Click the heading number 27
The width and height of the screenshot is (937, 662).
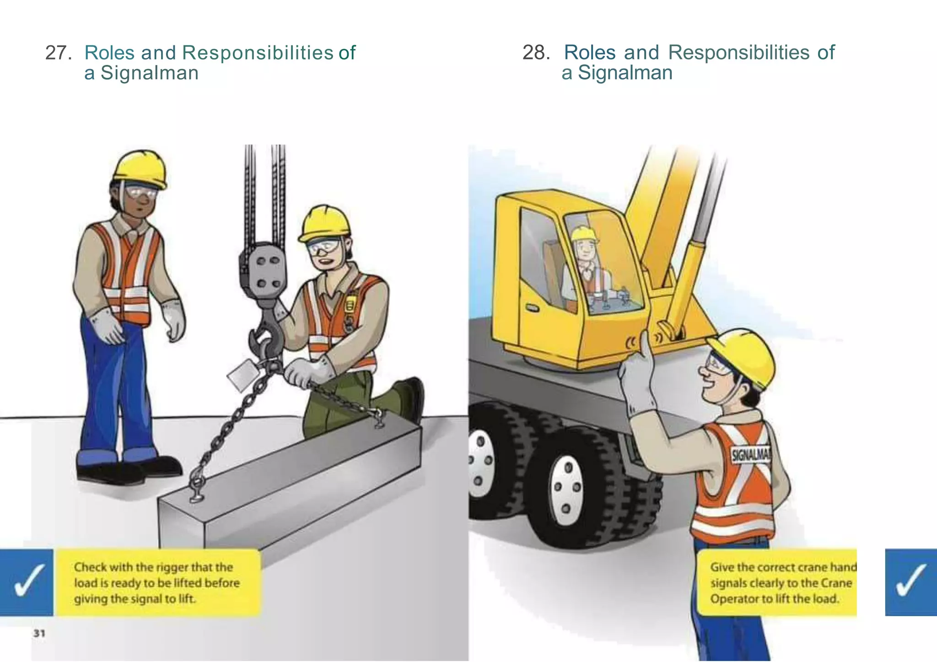pos(58,53)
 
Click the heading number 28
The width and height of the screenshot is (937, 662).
pos(536,53)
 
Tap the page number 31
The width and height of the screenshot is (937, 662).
pos(39,633)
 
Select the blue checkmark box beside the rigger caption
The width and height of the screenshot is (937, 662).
pos(27,582)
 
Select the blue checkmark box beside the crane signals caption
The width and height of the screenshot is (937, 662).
pos(911,582)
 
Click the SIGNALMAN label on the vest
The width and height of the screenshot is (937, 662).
pos(751,455)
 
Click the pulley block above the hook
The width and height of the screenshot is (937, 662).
pos(263,270)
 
